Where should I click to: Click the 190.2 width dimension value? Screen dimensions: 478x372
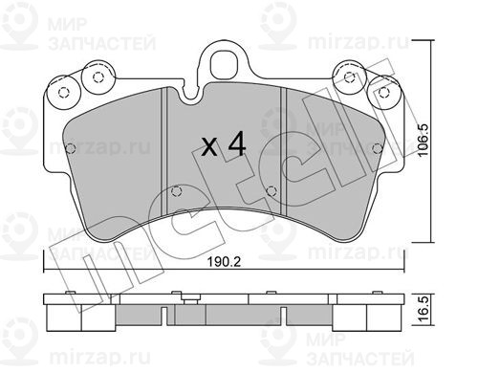coord(224,262)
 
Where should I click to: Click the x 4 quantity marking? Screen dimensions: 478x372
coord(225,145)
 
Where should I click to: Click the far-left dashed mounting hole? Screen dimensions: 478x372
coord(64,93)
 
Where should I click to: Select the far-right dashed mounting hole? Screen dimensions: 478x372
coord(383,93)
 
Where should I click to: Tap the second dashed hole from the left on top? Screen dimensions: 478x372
coord(98,77)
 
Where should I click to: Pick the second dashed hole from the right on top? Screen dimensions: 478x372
coord(350,77)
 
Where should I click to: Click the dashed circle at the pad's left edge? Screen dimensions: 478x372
coord(71,148)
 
